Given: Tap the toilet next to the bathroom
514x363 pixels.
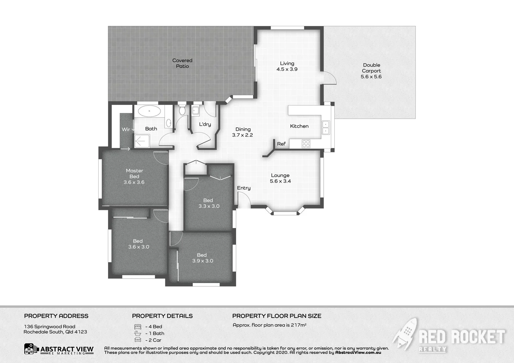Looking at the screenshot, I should [182, 110].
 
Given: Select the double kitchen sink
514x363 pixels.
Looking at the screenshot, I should [326, 127].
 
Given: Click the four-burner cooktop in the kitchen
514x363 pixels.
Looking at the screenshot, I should [306, 144].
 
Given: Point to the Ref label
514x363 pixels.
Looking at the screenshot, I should [281, 144].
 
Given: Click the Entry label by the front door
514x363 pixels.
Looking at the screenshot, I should [244, 188].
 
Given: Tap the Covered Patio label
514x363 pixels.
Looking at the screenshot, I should [182, 63].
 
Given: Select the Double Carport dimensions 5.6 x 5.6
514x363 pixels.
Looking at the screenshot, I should [371, 77].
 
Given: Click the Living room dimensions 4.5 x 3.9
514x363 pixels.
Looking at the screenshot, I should [287, 69].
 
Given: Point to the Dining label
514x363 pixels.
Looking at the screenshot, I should [243, 129].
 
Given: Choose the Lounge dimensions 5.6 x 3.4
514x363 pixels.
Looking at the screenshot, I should [280, 181].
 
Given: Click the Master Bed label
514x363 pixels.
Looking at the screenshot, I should [134, 173].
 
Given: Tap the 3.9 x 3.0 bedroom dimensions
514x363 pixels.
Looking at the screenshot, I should [203, 261].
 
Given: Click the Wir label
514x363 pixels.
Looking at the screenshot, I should [125, 129].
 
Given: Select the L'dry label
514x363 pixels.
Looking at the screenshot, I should [205, 124].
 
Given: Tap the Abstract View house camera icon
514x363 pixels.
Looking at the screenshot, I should [31, 349].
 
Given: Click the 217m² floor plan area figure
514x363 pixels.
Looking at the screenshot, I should [298, 325].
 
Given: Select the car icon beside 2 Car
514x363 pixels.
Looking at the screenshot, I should [138, 340].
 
